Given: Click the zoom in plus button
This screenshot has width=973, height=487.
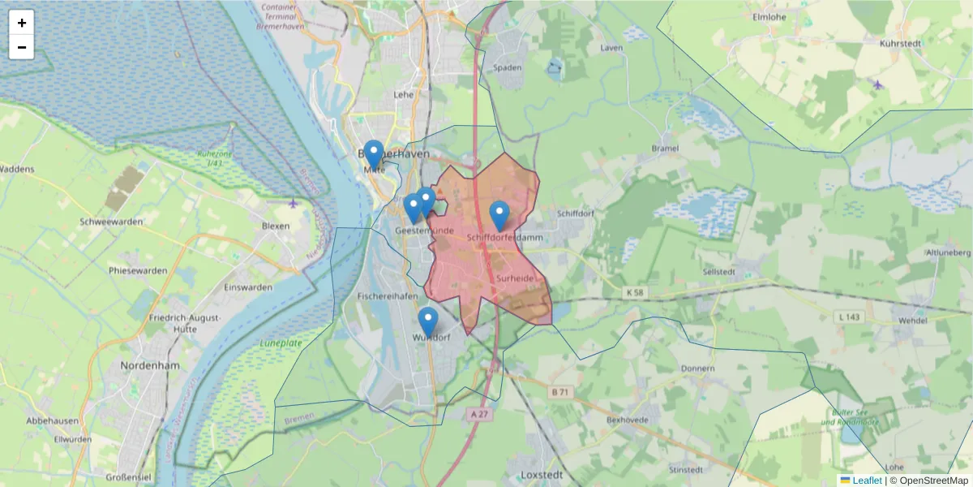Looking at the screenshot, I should (x=21, y=23).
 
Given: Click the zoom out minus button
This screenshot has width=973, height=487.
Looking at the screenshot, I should (x=21, y=47).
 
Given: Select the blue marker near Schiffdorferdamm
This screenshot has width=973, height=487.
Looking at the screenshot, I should (x=499, y=216).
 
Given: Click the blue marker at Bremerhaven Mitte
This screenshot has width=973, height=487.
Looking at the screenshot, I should (x=374, y=155).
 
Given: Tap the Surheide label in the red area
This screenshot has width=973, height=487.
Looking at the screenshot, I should (x=514, y=278).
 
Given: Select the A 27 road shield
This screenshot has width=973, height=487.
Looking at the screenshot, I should (x=480, y=413).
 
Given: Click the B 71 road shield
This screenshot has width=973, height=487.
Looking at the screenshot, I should (x=559, y=393).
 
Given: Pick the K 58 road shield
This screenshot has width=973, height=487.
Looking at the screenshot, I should (x=635, y=291).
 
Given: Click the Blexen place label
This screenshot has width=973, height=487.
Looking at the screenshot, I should (x=276, y=226).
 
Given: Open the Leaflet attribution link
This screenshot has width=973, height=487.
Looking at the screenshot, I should (x=867, y=481).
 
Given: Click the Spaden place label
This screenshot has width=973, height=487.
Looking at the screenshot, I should (x=508, y=67).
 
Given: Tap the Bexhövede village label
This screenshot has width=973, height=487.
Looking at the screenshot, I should (x=628, y=420).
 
